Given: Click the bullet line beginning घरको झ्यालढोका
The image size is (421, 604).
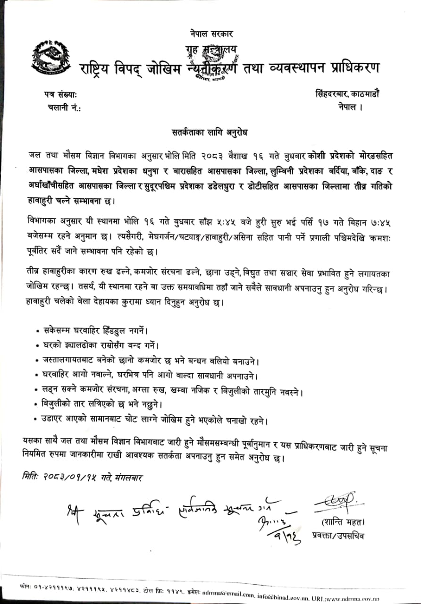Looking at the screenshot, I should point(100,344).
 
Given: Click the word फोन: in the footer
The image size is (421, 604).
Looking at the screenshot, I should point(26,586).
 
